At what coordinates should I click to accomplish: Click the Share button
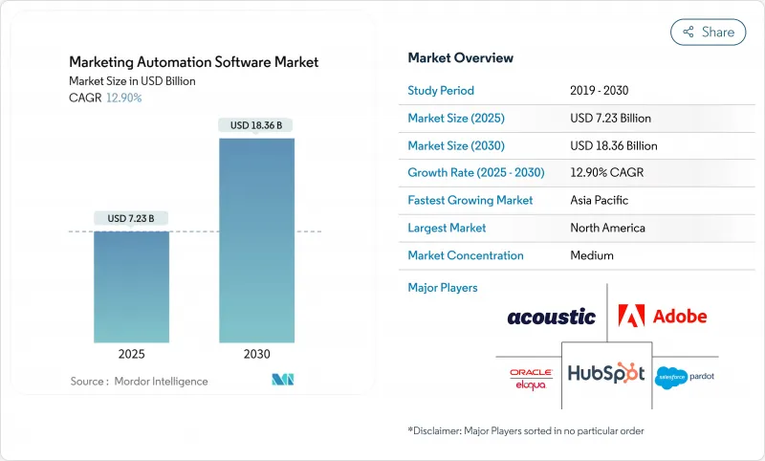pyautogui.click(x=708, y=32)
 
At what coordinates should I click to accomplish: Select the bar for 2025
pyautogui.click(x=131, y=287)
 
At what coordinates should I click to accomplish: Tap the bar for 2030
pyautogui.click(x=256, y=239)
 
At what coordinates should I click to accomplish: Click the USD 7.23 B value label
pyautogui.click(x=131, y=218)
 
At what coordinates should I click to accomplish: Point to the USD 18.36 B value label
pyautogui.click(x=256, y=125)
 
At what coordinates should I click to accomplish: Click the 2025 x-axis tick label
pyautogui.click(x=131, y=353)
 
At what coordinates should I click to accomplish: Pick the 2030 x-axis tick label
pyautogui.click(x=256, y=353)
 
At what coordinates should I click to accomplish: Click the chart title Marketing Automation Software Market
pyautogui.click(x=194, y=62)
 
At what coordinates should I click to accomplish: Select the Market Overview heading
pyautogui.click(x=460, y=58)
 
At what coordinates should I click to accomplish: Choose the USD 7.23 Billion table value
pyautogui.click(x=610, y=119)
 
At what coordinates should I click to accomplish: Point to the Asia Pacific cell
pyautogui.click(x=600, y=201)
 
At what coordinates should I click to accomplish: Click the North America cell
pyautogui.click(x=607, y=228)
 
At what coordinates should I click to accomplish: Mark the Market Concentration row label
pyautogui.click(x=466, y=255)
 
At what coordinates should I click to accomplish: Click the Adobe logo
pyautogui.click(x=662, y=316)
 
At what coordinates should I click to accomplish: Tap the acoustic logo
pyautogui.click(x=551, y=317)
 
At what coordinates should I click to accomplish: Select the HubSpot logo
pyautogui.click(x=606, y=373)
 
